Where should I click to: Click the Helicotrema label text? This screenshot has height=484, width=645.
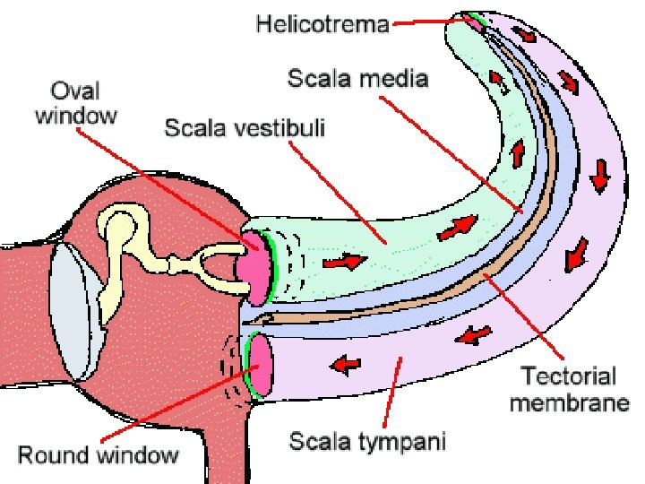[x=322, y=24]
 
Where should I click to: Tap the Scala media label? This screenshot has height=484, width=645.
[x=357, y=79]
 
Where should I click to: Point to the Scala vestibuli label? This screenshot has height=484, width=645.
[x=245, y=128]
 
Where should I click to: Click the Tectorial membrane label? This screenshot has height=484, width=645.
[x=569, y=389]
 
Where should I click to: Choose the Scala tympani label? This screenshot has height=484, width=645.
[x=367, y=441]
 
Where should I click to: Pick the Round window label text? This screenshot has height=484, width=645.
[x=99, y=454]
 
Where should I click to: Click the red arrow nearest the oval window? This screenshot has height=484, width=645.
[x=344, y=263]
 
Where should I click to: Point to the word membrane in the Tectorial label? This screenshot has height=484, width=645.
[x=569, y=402]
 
